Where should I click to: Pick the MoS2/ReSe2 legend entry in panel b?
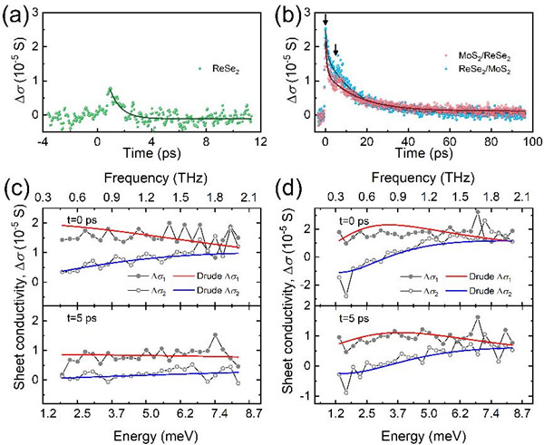point(485,56)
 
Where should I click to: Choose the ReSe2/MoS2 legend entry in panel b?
point(485,70)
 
